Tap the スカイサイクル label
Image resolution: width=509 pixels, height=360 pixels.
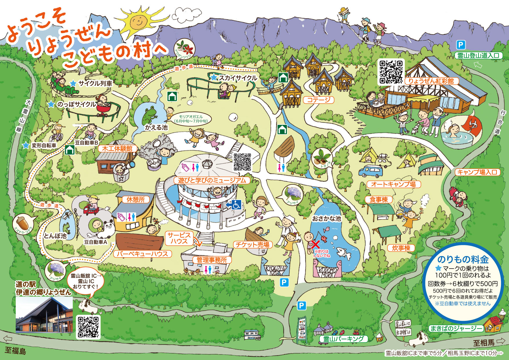[x=238, y=78]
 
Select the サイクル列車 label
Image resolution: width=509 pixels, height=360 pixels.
[x=95, y=83]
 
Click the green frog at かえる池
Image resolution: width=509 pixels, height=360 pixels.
[x=149, y=115]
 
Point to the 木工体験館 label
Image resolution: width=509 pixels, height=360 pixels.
[x=117, y=149]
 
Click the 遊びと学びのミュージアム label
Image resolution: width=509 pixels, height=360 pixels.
[x=212, y=180]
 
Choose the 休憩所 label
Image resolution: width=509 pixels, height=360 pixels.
[x=136, y=199]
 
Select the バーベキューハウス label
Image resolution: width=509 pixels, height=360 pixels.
[x=142, y=254]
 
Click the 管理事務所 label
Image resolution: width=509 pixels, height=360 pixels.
[x=212, y=260]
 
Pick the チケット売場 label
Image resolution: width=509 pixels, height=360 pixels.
[x=252, y=245]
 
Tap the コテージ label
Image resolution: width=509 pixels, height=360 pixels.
[x=319, y=100]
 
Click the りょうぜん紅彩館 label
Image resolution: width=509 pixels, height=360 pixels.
[x=431, y=81]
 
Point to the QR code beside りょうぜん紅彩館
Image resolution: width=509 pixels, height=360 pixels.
[x=391, y=72]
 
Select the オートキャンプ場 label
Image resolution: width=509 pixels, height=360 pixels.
[x=393, y=184]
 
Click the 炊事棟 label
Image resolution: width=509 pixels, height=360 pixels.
[x=401, y=248]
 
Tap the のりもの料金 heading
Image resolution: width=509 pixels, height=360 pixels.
[x=463, y=259]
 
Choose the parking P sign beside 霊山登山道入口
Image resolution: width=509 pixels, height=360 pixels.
[x=461, y=45]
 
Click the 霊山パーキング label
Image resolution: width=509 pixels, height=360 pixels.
[x=343, y=339]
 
